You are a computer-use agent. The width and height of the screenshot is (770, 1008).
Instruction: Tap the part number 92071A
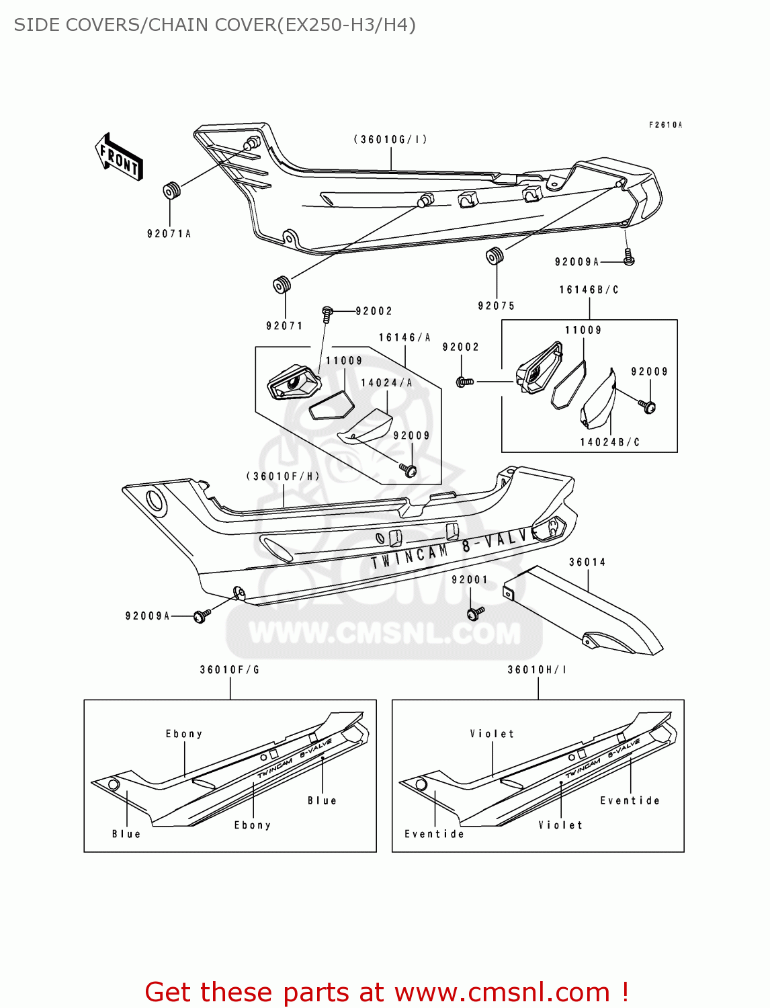(169, 234)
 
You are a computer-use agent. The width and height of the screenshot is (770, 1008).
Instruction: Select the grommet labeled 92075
(495, 256)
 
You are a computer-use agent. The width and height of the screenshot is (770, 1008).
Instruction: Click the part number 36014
(587, 562)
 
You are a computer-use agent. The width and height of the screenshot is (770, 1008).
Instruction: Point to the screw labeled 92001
(476, 613)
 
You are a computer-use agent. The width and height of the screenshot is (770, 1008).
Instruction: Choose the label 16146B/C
(589, 290)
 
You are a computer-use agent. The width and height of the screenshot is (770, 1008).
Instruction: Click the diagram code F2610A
(665, 125)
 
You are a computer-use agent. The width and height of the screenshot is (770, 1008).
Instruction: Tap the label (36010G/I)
(390, 140)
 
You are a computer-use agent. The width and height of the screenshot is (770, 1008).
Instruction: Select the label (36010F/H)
(283, 476)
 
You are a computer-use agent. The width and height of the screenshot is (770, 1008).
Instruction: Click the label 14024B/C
(609, 442)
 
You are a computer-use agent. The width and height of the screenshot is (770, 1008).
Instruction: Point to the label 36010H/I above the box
(536, 670)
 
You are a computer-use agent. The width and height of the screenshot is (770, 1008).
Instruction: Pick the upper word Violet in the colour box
(492, 734)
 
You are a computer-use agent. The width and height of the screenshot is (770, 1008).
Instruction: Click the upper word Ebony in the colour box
(183, 734)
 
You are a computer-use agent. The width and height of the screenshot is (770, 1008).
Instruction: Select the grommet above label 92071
(282, 285)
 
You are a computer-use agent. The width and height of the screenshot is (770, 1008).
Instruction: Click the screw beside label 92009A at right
(629, 258)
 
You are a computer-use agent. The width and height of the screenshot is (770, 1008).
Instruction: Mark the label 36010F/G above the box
(229, 670)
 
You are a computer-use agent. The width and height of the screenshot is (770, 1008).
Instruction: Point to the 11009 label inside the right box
(583, 330)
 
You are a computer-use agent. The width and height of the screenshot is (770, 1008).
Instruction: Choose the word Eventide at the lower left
(434, 834)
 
